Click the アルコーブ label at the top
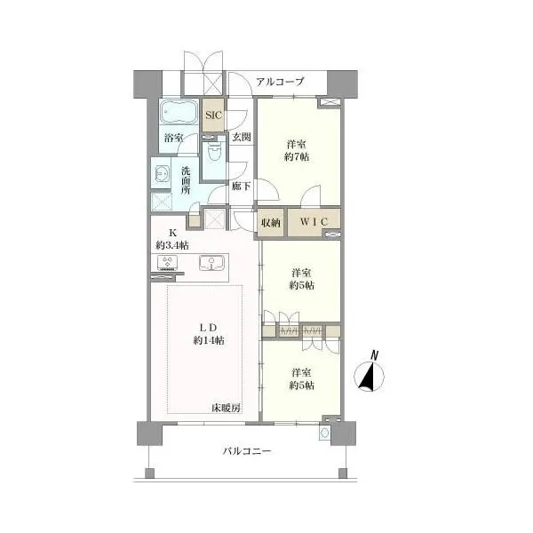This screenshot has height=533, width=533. tap(280, 82)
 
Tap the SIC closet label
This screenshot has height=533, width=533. tap(213, 115)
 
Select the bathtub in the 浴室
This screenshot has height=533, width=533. tap(179, 112)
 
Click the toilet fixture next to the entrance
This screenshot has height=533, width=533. tap(214, 152)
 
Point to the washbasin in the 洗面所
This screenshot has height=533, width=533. tap(161, 173)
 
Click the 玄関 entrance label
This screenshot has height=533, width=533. tap(242, 137)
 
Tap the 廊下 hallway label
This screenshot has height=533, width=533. tap(241, 187)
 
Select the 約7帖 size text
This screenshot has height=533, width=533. tap(297, 156)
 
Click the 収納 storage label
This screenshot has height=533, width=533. tap(271, 223)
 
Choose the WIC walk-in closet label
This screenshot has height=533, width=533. tap(314, 222)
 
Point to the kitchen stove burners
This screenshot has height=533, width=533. tap(167, 263)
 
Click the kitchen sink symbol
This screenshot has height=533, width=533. tap(211, 263)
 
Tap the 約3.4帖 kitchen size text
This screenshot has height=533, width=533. tap(172, 245)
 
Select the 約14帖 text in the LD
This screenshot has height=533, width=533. tap(209, 340)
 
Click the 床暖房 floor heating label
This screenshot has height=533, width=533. tap(226, 409)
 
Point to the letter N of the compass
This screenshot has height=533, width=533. tap(374, 355)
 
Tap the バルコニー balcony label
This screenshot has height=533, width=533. tap(247, 451)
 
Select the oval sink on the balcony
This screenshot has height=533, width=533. tap(325, 433)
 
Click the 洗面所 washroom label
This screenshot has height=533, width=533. tap(186, 180)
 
